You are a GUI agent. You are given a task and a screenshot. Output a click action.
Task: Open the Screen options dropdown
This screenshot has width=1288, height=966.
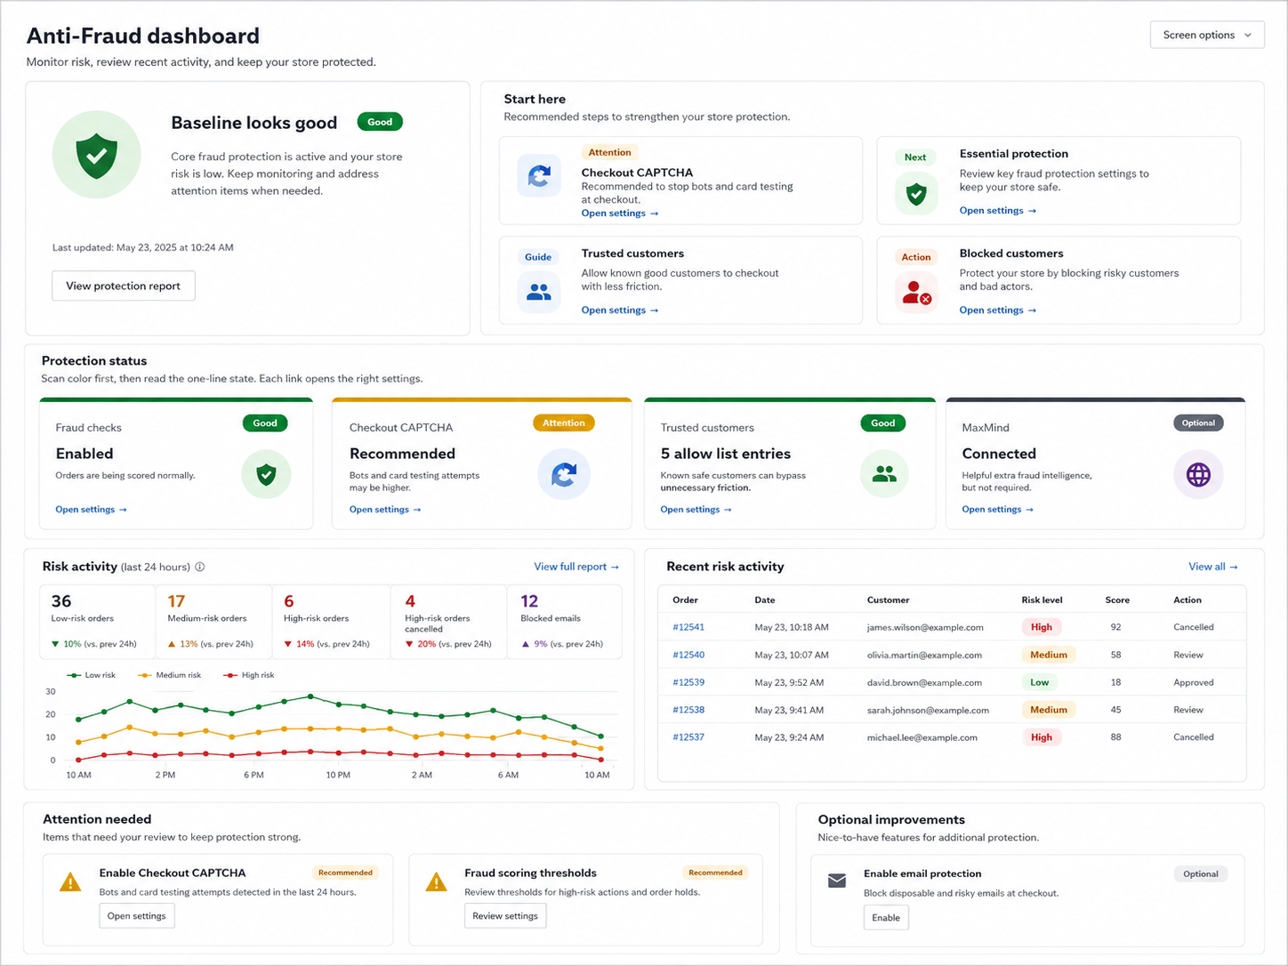1206,36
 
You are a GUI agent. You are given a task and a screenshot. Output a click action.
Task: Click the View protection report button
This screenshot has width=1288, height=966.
124,286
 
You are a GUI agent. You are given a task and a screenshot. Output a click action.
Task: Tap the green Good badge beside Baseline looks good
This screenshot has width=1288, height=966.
380,122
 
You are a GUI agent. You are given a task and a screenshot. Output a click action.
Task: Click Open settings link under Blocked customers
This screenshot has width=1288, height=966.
997,310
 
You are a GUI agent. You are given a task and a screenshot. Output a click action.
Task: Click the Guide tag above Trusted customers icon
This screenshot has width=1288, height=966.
537,257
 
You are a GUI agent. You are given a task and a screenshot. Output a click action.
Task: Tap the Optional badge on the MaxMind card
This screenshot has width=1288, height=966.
1198,423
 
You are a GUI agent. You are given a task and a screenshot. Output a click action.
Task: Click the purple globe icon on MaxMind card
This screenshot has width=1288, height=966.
1198,474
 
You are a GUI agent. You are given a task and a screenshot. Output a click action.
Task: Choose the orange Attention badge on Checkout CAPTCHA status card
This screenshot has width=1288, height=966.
563,423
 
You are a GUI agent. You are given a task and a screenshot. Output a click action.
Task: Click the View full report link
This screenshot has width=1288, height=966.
576,567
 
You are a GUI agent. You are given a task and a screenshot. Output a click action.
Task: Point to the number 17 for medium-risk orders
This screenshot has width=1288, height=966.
176,601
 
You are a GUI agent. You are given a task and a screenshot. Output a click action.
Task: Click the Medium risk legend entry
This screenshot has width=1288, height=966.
169,675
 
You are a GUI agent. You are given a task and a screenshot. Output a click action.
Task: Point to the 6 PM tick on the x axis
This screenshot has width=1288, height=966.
254,775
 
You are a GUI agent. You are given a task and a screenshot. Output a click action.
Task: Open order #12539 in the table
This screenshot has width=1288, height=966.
688,682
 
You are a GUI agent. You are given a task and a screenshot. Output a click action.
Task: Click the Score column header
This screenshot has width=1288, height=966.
1117,600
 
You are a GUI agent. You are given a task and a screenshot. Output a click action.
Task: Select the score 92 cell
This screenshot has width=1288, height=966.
1115,627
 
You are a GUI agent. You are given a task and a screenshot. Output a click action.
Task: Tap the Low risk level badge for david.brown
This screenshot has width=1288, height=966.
1039,682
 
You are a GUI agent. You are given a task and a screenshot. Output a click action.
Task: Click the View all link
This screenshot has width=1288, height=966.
1213,567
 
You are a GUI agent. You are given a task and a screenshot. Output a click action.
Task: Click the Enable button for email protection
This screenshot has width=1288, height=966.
885,918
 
